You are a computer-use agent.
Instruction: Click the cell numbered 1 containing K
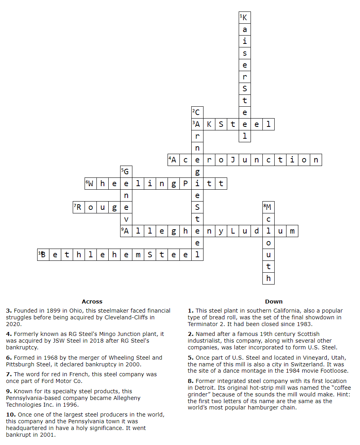[245, 18]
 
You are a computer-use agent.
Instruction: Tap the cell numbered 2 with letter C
[197, 113]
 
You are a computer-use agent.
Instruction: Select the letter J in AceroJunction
[233, 160]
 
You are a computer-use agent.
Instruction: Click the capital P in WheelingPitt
[185, 184]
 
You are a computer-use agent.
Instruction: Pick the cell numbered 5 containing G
[126, 172]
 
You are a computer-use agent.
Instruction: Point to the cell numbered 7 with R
[79, 207]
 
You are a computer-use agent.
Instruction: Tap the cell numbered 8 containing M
[268, 207]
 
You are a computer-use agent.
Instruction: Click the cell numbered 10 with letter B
[43, 255]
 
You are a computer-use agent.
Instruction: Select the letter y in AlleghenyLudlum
[221, 231]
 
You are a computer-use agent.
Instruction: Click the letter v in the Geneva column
[126, 219]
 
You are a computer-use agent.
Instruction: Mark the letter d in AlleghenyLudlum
[256, 231]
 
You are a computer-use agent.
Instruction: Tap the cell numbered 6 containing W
[90, 184]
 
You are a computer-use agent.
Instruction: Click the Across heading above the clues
[92, 302]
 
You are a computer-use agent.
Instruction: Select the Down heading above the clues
[274, 302]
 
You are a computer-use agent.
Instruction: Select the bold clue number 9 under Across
[9, 391]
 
